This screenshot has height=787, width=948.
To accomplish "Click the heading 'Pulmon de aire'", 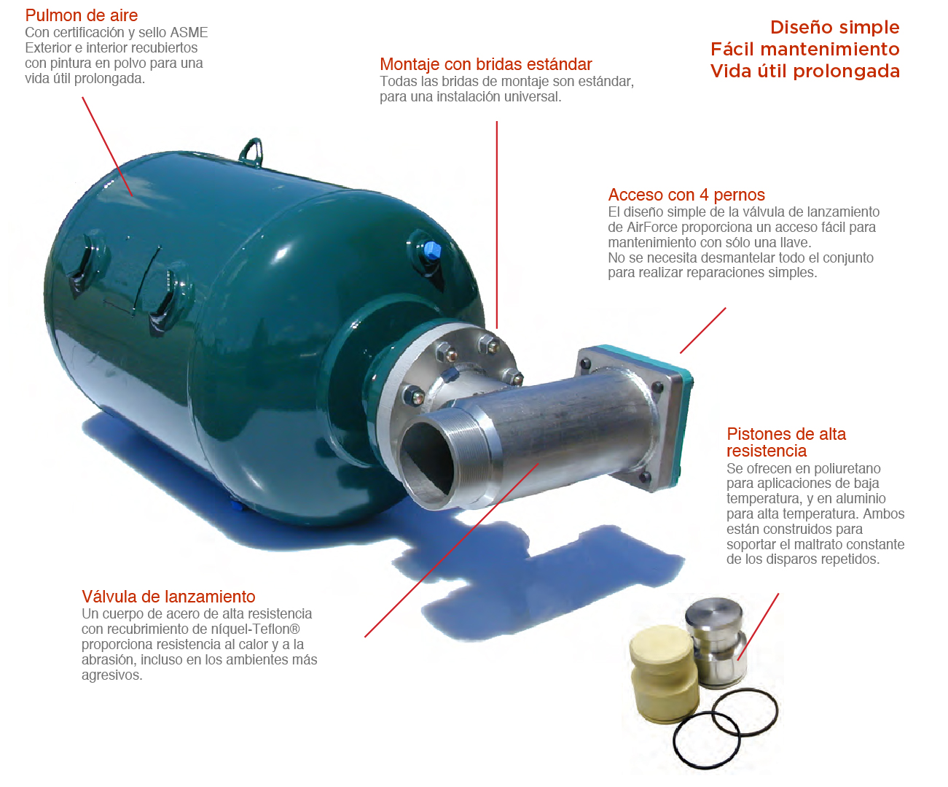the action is pos(82,15).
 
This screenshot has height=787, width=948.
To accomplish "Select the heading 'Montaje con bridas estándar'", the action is pos(486,64).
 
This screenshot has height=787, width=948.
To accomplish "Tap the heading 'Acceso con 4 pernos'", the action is pos(686,195).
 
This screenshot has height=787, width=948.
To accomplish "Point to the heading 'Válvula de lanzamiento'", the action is pos(168,597).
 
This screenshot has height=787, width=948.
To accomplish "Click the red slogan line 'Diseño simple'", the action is pos(835,27).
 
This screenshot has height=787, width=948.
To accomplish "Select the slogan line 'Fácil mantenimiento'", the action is pos(805,49).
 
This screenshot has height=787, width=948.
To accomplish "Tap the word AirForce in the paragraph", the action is pos(652,227).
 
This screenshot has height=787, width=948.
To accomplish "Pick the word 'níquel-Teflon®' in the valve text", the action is pos(256,629).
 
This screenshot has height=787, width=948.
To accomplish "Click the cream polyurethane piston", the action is pos(663,675).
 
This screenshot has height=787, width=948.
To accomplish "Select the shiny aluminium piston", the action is pos(716,640).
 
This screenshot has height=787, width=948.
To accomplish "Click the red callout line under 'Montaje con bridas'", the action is pos(497,225).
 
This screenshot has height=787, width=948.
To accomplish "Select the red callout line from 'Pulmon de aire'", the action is pos(107,147).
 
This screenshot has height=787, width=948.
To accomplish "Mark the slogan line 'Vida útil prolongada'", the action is pos(805,71).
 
